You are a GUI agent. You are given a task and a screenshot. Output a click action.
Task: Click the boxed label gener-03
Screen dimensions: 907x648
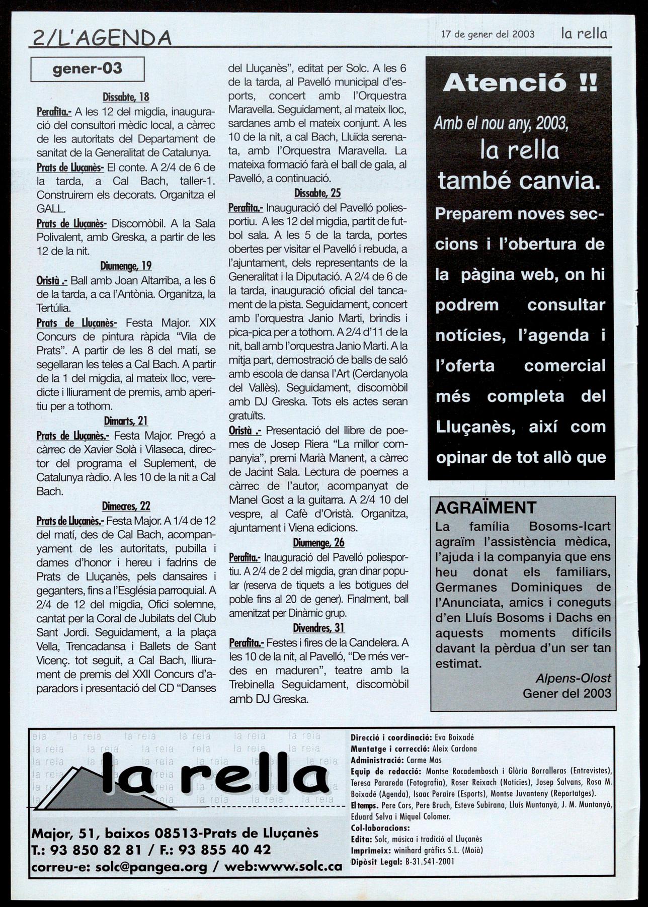click(x=88, y=68)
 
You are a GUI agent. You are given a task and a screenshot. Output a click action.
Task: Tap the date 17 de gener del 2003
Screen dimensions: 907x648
click(x=488, y=35)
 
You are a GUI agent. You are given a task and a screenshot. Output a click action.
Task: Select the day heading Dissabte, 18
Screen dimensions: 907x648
click(x=126, y=97)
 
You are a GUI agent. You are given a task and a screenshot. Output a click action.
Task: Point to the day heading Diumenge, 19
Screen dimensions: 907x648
click(x=126, y=266)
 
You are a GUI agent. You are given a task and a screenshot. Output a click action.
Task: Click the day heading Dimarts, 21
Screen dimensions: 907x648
click(x=126, y=421)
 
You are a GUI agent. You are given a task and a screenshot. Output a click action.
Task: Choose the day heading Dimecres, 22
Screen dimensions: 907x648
click(x=126, y=506)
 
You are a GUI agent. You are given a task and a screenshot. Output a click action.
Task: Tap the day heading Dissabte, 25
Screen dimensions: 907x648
click(x=317, y=193)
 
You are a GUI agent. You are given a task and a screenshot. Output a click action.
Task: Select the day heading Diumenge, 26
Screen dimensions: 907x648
click(x=318, y=542)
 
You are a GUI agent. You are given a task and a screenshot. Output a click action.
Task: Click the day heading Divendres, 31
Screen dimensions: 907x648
click(x=318, y=627)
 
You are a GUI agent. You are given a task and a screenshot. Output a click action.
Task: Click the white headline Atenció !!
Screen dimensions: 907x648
click(x=520, y=83)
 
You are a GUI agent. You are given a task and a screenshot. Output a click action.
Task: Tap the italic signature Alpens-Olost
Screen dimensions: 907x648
click(x=573, y=678)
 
